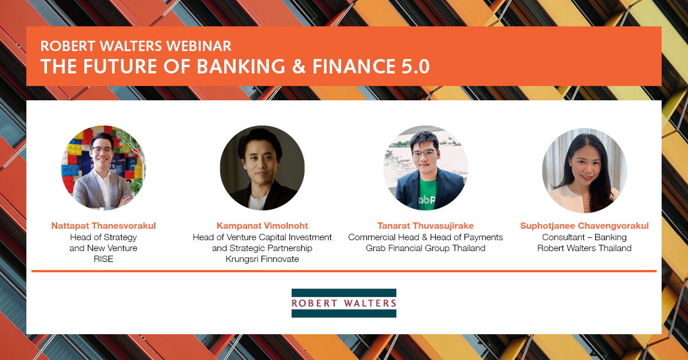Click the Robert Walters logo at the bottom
click(x=343, y=303)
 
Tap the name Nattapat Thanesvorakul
click(x=103, y=226)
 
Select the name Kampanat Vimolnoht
click(x=262, y=226)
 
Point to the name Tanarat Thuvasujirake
click(x=425, y=226)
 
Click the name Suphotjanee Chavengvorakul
click(x=584, y=226)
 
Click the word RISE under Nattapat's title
click(x=103, y=259)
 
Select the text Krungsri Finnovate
click(x=262, y=259)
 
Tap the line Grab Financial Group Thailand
click(x=425, y=248)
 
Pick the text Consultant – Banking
click(x=584, y=237)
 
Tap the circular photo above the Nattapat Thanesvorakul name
click(x=103, y=167)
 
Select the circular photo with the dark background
click(x=262, y=167)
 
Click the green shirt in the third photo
click(x=424, y=195)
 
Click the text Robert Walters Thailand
click(x=584, y=248)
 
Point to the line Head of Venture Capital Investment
click(x=262, y=237)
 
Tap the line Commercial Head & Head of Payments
click(x=425, y=237)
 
